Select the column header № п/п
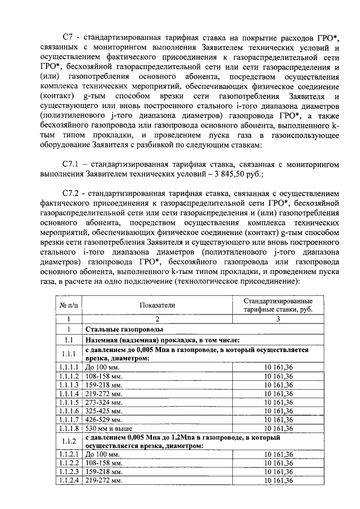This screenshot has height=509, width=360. click(x=69, y=305)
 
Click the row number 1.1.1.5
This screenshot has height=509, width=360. click(x=69, y=402)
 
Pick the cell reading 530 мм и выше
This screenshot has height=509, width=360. click(x=106, y=429)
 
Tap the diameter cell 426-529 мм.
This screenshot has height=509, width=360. click(x=103, y=420)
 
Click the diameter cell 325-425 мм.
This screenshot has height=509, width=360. click(x=103, y=411)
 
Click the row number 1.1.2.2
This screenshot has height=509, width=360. click(x=69, y=463)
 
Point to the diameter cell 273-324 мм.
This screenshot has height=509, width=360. click(x=103, y=402)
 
